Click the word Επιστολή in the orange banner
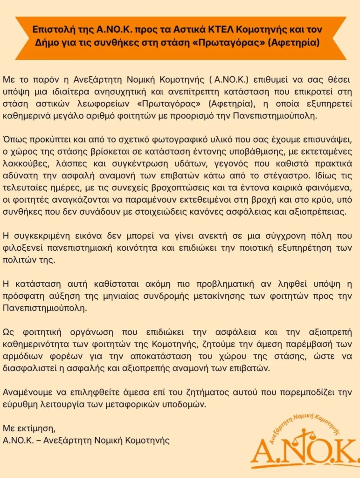click(51, 29)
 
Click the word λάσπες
click(72, 165)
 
